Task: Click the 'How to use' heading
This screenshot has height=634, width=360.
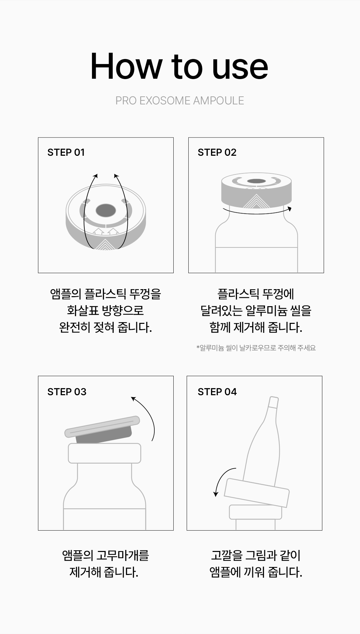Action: [x=179, y=66]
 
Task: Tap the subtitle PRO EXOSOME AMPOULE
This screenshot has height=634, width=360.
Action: [x=180, y=100]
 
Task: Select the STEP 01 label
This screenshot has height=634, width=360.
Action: [x=66, y=152]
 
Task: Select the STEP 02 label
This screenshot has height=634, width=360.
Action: [x=217, y=152]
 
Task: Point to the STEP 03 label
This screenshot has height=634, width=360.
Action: [x=67, y=392]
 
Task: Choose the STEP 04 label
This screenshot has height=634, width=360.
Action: [x=217, y=392]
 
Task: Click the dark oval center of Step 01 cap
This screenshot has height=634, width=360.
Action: [x=106, y=210]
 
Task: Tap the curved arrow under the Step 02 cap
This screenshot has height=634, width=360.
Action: [x=257, y=212]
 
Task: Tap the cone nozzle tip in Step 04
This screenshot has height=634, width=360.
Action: [x=273, y=402]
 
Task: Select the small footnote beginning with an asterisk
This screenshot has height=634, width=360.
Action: [x=256, y=348]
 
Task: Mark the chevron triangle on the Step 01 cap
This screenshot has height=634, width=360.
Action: [x=105, y=244]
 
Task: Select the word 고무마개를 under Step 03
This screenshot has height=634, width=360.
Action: [x=122, y=555]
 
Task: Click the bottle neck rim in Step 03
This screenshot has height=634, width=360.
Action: [x=105, y=453]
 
